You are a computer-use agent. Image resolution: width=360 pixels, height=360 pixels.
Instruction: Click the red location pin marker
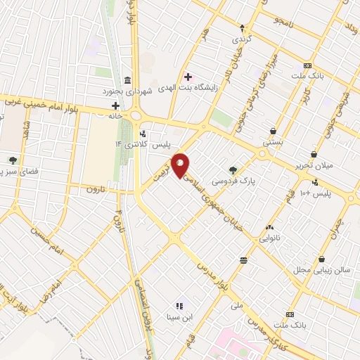[x=181, y=165]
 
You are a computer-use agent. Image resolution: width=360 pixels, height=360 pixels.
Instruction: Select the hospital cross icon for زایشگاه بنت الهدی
[x=188, y=76]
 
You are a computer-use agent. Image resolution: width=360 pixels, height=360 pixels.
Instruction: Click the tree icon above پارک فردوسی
[x=233, y=169]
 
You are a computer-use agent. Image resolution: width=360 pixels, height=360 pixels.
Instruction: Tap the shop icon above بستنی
[x=273, y=131]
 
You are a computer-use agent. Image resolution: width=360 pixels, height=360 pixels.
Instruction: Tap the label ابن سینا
[x=179, y=317]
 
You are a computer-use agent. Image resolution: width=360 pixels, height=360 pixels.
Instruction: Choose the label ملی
[x=236, y=306]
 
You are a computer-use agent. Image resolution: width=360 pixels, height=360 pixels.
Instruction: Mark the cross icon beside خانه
[x=115, y=105]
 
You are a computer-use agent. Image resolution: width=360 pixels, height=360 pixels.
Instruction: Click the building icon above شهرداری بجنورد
[x=127, y=79]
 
